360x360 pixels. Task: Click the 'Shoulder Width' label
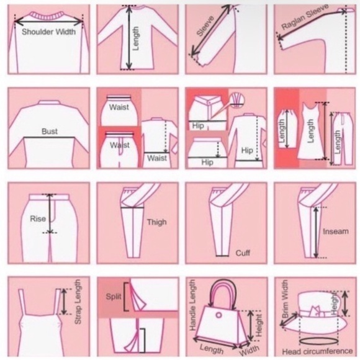pyautogui.click(x=48, y=32)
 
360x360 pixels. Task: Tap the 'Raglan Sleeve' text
pyautogui.click(x=305, y=17)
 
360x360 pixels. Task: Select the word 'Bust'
pyautogui.click(x=50, y=132)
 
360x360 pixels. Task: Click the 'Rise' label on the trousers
pyautogui.click(x=38, y=218)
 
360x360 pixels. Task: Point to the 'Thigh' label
pyautogui.click(x=157, y=222)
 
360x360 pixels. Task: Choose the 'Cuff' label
pyautogui.click(x=243, y=253)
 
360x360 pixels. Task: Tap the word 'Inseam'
pyautogui.click(x=336, y=231)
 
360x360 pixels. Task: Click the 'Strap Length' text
pyautogui.click(x=78, y=302)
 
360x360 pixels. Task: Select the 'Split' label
pyautogui.click(x=114, y=297)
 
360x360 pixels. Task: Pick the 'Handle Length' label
pyautogui.click(x=192, y=305)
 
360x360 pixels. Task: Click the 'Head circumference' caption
pyautogui.click(x=317, y=351)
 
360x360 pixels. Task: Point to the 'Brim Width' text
pyautogui.click(x=285, y=299)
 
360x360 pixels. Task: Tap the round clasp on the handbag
pyautogui.click(x=218, y=315)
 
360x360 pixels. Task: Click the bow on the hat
pyautogui.click(x=316, y=311)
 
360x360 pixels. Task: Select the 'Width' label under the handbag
pyautogui.click(x=250, y=350)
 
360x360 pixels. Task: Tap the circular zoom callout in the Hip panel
pyautogui.click(x=237, y=100)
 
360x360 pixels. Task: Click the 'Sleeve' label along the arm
pyautogui.click(x=205, y=26)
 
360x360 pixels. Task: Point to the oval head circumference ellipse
pyautogui.click(x=318, y=341)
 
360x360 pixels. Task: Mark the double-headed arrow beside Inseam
pyautogui.click(x=316, y=232)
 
